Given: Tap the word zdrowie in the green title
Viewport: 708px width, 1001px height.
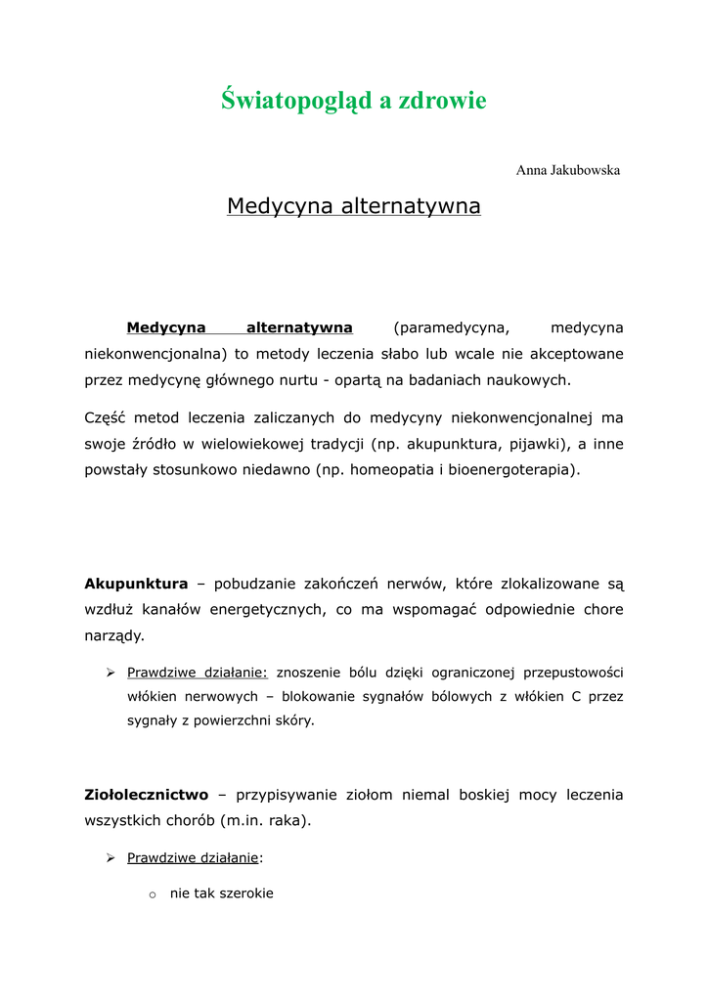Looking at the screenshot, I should click(442, 101).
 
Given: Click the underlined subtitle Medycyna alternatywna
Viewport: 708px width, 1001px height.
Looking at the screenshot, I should click(353, 206).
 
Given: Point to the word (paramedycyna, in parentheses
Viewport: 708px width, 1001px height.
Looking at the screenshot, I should click(453, 327).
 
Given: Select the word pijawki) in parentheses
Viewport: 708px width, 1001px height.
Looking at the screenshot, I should click(532, 444).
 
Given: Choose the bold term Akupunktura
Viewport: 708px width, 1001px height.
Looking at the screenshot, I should click(136, 584).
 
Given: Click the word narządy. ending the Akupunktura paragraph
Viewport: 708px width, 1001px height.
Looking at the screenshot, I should click(114, 635).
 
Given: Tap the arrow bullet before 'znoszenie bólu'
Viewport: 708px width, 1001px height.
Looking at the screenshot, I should click(111, 673).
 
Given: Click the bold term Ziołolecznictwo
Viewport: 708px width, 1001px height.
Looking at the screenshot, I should click(147, 795).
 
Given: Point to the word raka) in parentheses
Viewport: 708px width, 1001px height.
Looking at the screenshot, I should click(290, 820).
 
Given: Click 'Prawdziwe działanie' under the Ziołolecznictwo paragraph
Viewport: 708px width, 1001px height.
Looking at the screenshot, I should click(193, 857).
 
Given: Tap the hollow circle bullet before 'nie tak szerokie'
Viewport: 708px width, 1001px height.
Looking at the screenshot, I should click(153, 893).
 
